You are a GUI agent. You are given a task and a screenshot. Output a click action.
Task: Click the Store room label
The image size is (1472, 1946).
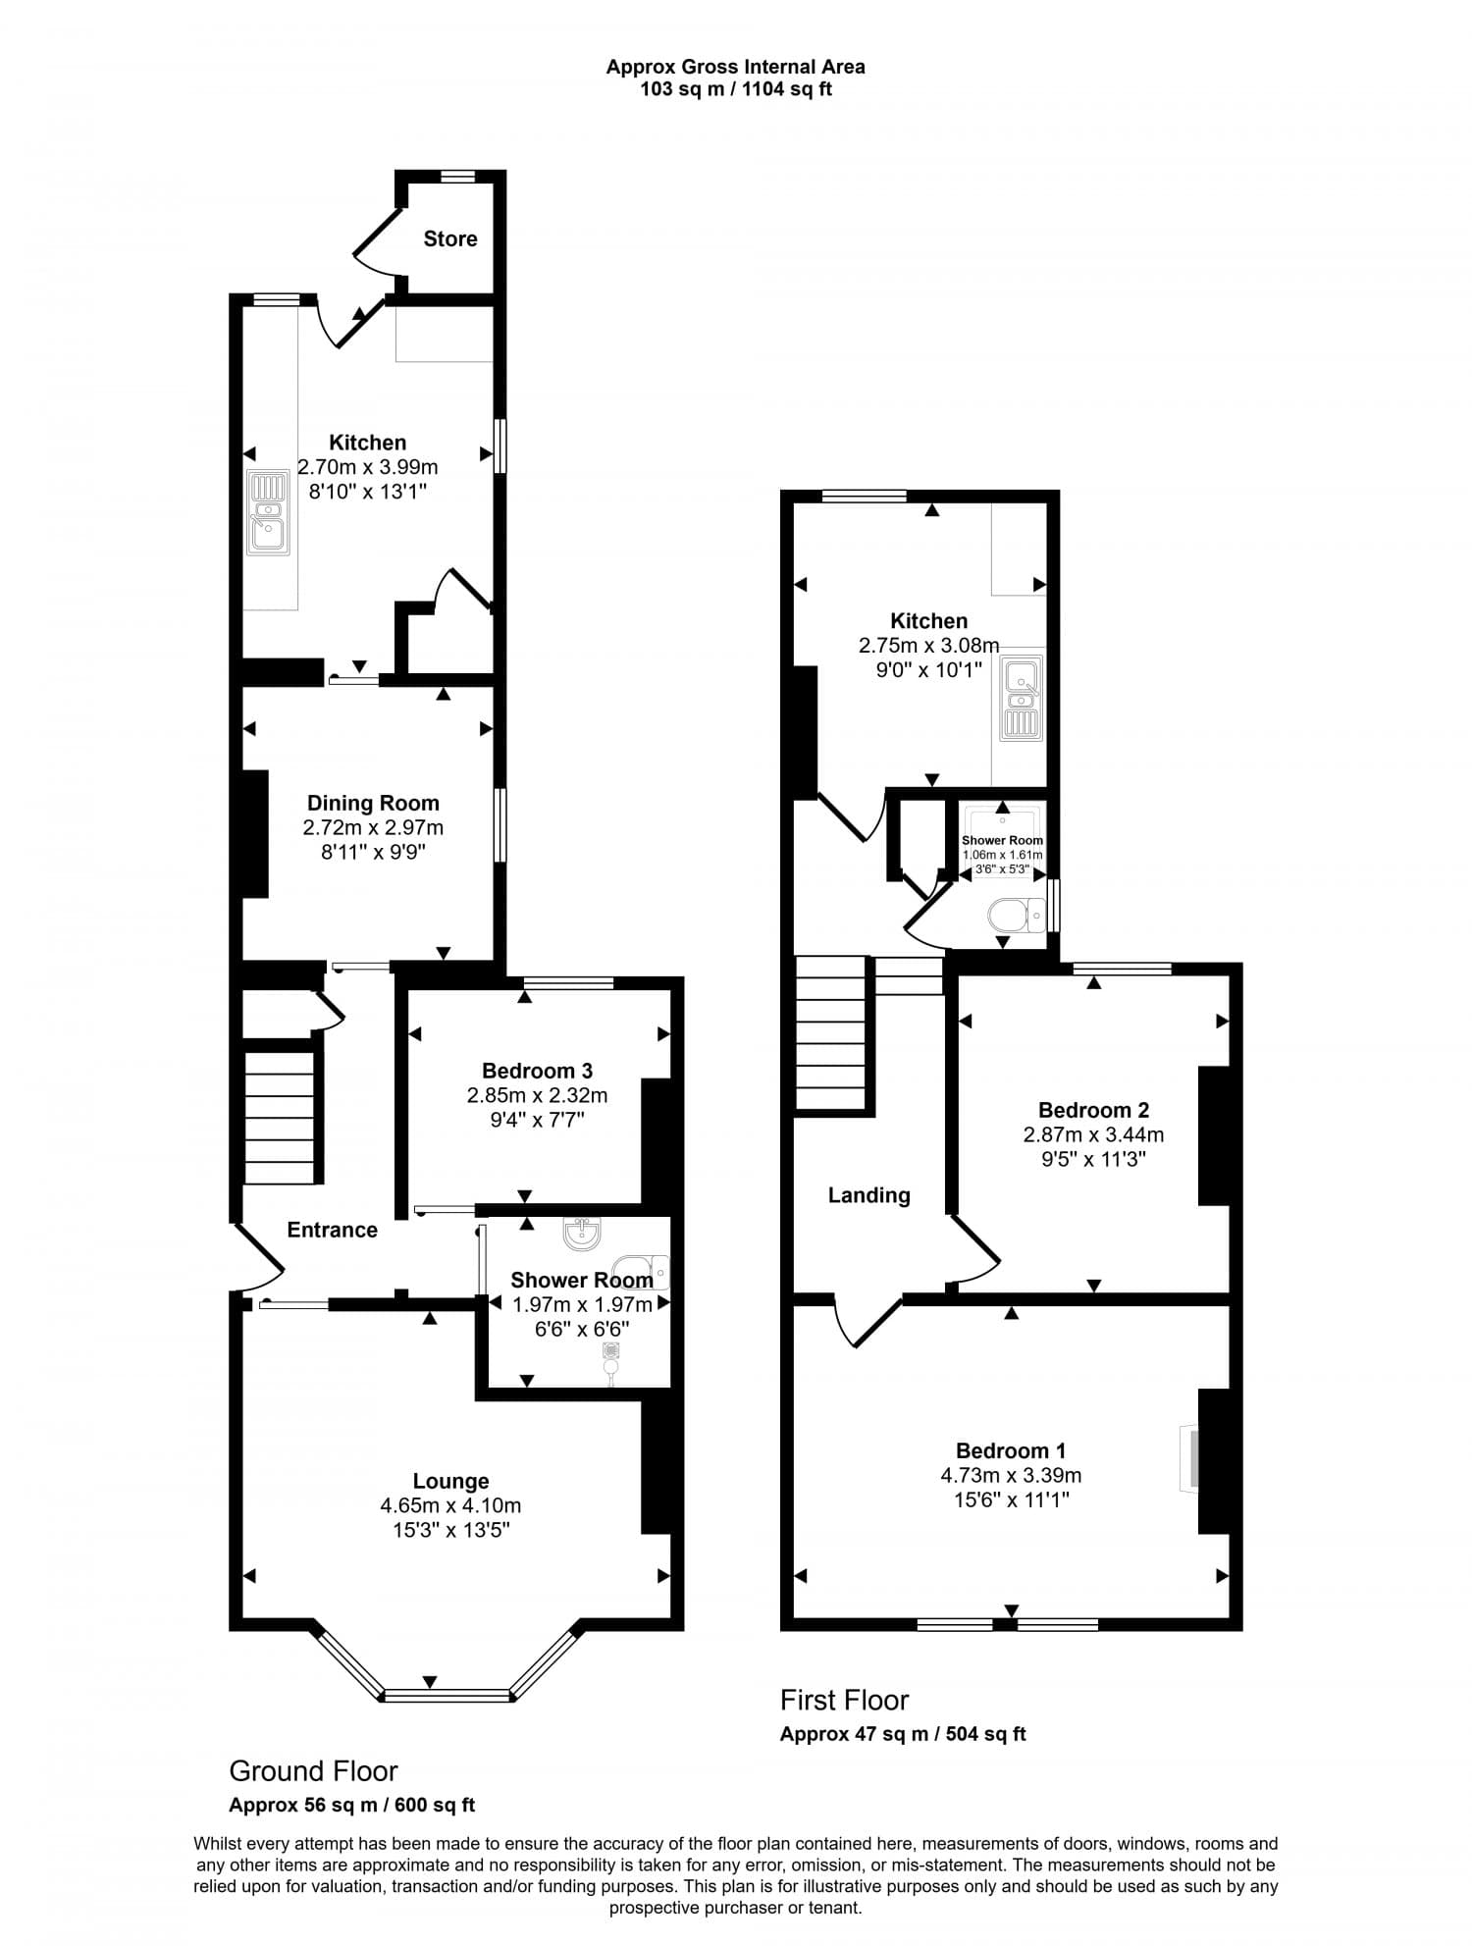tap(450, 238)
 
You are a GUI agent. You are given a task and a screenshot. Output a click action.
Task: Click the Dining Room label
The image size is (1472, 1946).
tap(373, 803)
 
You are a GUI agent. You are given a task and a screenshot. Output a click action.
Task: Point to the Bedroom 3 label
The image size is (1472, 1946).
tap(537, 1071)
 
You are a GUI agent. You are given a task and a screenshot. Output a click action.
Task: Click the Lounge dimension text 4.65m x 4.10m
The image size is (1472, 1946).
tap(450, 1505)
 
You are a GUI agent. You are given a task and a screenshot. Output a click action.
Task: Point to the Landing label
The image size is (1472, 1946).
tap(868, 1195)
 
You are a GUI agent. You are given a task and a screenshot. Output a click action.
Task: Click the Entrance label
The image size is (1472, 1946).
tap(332, 1230)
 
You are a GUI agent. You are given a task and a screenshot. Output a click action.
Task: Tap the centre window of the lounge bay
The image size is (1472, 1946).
tap(447, 1695)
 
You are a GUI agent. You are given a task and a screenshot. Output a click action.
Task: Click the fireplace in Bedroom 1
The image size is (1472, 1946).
tap(1190, 1459)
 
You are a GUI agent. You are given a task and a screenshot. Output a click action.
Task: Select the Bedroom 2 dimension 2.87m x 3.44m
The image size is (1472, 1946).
tap(1093, 1134)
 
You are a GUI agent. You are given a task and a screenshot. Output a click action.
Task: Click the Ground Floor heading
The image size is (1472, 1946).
tap(313, 1771)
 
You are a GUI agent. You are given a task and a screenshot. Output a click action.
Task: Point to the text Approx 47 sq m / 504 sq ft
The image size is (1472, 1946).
tap(902, 1734)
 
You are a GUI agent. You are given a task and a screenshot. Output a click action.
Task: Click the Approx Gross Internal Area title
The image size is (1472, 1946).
tap(735, 68)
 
